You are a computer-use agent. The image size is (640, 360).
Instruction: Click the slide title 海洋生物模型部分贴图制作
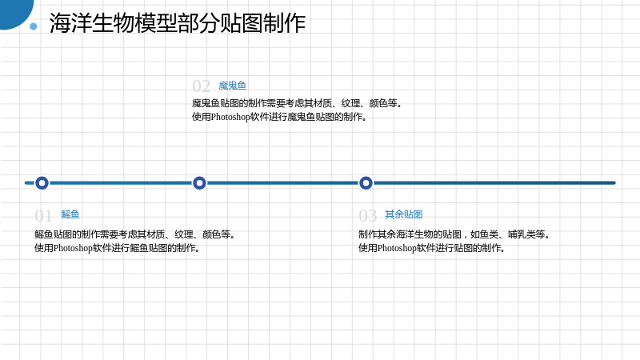[178, 23]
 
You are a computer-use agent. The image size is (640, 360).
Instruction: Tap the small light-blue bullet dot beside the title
[34, 26]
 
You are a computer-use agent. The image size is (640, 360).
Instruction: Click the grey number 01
[43, 215]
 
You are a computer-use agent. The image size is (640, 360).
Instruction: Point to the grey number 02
[202, 86]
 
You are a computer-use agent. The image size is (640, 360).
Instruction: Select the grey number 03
[367, 215]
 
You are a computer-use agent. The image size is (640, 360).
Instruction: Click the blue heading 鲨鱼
[70, 214]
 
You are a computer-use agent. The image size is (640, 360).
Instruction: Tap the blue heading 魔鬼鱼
[232, 86]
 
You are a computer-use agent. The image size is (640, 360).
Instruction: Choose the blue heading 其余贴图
[404, 214]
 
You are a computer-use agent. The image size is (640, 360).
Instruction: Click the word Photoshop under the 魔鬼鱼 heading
[230, 117]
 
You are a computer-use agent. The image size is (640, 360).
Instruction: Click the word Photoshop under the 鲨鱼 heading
[73, 248]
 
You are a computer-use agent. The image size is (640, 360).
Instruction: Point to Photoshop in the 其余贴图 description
[397, 248]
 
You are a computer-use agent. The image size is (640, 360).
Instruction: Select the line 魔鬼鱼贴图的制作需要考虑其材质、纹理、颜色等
[297, 103]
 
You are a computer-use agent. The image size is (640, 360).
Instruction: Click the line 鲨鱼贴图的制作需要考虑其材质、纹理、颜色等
[135, 234]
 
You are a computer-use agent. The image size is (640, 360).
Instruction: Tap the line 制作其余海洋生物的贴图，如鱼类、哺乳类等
[454, 234]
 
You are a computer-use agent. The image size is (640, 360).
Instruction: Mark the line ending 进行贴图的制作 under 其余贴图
[432, 248]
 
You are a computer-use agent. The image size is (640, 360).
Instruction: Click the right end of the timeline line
[614, 183]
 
